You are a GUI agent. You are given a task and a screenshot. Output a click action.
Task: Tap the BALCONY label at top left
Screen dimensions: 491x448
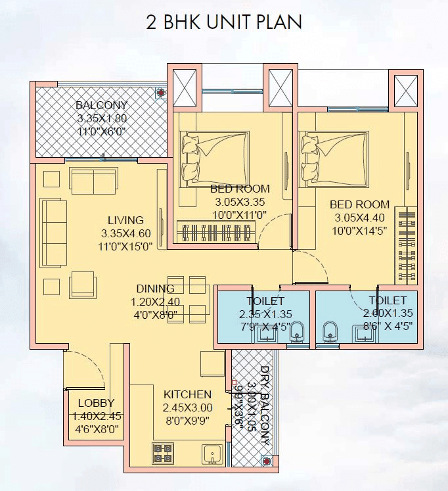pyautogui.click(x=101, y=105)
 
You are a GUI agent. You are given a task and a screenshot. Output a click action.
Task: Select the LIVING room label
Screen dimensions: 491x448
pyautogui.click(x=125, y=220)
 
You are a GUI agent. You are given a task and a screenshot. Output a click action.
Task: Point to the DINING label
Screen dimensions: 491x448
pyautogui.click(x=155, y=289)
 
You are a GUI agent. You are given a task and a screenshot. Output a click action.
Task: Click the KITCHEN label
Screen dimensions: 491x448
pyautogui.click(x=187, y=394)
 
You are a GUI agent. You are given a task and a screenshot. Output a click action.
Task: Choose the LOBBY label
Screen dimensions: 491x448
pyautogui.click(x=96, y=403)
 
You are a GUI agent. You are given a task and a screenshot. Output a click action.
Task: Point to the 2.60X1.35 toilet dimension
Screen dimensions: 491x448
pyautogui.click(x=386, y=314)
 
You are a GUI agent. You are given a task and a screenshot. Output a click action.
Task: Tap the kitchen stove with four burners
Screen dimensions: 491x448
pyautogui.click(x=163, y=453)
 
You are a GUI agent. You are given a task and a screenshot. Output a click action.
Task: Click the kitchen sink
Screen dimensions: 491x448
pyautogui.click(x=212, y=454)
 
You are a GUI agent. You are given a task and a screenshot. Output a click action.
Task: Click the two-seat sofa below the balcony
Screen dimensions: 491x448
pyautogui.click(x=93, y=181)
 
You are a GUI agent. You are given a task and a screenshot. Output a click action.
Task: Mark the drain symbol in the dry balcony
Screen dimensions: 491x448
pyautogui.click(x=267, y=461)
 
